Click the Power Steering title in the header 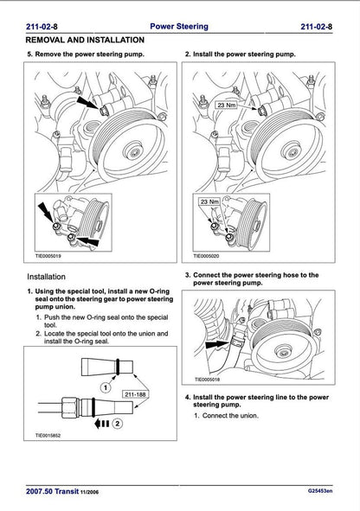[x=179, y=27]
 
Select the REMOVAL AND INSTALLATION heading [x=85, y=40]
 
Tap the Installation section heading [x=51, y=277]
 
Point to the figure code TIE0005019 [x=43, y=256]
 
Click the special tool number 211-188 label [x=133, y=395]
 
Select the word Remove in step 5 [x=52, y=54]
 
